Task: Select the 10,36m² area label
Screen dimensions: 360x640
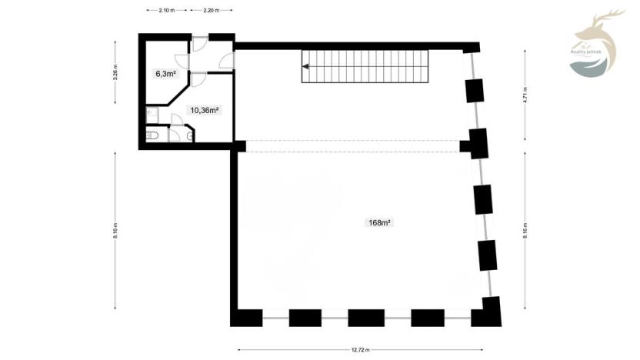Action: [205, 110]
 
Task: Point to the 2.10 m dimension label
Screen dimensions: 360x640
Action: [166, 11]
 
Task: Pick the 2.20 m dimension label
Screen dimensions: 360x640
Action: [212, 11]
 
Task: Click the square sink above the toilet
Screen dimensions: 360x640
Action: [151, 115]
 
